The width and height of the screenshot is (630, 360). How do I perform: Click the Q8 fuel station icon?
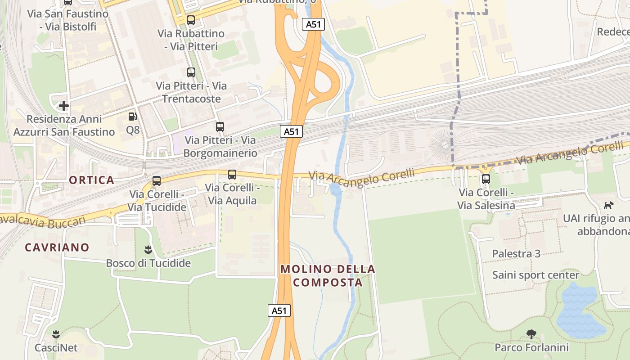click(132, 117)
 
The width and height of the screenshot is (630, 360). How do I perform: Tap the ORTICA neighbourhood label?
click(92, 180)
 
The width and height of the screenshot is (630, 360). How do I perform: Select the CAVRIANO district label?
click(57, 247)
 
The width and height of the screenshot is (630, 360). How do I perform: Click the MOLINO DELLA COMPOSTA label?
click(328, 276)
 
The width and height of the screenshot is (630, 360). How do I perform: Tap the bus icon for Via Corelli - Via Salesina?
click(486, 179)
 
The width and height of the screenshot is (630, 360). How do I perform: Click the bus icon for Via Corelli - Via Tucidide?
click(157, 181)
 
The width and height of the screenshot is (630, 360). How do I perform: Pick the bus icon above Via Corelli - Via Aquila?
click(232, 175)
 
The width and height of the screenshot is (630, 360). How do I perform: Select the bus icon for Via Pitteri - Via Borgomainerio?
click(220, 127)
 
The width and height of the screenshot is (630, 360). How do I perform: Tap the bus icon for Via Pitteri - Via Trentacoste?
click(191, 72)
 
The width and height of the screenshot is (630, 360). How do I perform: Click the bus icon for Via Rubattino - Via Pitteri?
click(191, 20)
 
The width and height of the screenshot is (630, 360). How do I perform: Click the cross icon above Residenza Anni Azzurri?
click(64, 106)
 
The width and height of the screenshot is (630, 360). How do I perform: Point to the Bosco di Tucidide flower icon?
click(148, 249)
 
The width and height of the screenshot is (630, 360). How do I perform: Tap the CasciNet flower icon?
click(56, 334)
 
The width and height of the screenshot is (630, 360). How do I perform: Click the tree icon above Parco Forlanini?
click(531, 334)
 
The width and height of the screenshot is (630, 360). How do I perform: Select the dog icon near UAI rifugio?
click(608, 205)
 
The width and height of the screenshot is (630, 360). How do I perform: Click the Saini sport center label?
click(535, 275)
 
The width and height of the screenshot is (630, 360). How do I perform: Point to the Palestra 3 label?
click(516, 253)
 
